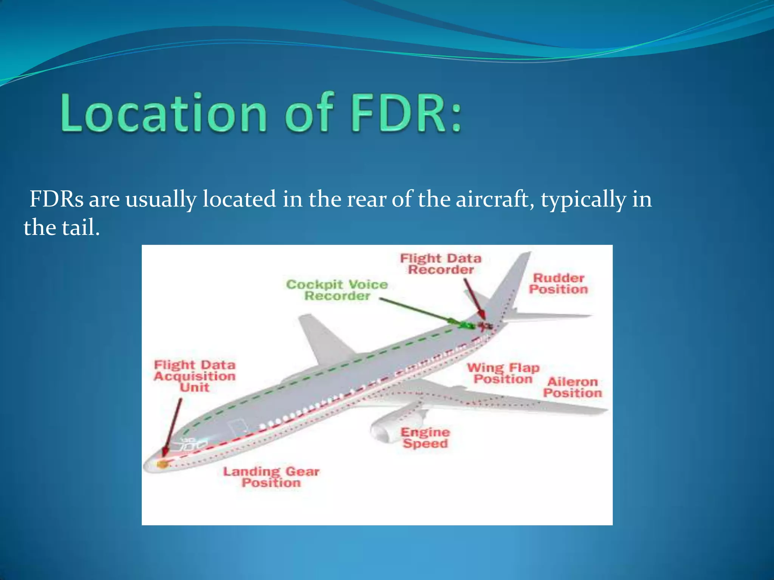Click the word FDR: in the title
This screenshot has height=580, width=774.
tap(406, 113)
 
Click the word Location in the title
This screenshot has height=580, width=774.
tap(164, 113)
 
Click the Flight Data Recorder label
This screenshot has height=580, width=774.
tap(441, 264)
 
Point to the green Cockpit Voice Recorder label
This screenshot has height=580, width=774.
tap(337, 290)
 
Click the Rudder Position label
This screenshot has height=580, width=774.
tap(558, 284)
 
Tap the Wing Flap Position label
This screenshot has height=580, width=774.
tap(503, 373)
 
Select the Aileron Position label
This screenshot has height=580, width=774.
tap(572, 387)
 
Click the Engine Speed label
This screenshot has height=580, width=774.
tap(425, 438)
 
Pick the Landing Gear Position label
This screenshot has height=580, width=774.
tap(271, 477)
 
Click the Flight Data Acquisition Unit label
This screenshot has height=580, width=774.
tap(194, 376)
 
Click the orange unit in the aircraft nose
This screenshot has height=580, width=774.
tap(163, 463)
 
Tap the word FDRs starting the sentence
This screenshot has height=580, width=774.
tap(57, 199)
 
